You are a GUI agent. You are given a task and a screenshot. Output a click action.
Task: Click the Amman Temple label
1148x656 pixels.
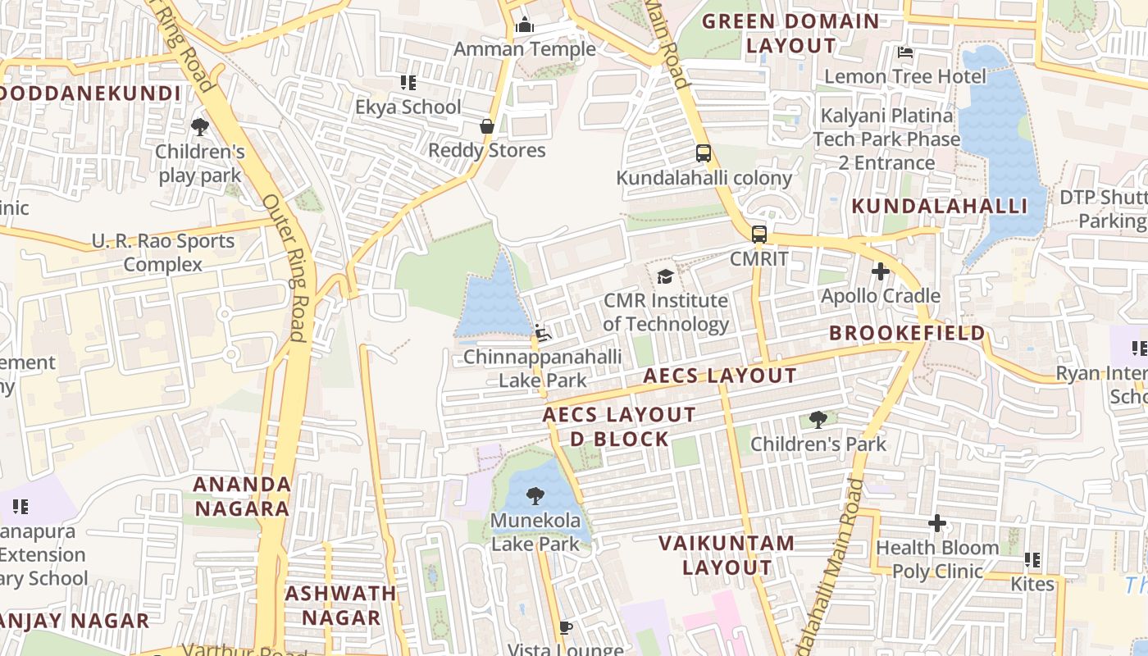tap(525, 49)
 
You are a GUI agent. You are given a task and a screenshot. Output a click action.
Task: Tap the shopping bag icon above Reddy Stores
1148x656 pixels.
tap(487, 126)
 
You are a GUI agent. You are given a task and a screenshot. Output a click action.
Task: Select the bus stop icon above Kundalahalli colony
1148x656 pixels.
tap(703, 153)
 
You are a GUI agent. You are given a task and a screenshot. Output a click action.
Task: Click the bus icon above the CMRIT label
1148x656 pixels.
tap(759, 235)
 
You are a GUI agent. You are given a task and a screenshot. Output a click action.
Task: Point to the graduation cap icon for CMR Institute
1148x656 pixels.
tap(665, 277)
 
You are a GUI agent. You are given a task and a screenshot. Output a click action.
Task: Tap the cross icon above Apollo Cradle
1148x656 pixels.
tap(881, 271)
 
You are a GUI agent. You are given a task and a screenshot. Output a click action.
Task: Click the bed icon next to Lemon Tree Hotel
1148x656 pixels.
tap(905, 52)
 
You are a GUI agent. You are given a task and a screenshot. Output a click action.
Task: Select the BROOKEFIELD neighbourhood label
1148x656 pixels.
tap(907, 333)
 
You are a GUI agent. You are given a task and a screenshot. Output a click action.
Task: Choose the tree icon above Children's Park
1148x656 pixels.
tap(818, 420)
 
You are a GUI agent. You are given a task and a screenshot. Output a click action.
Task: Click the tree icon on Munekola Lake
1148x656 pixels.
tap(535, 496)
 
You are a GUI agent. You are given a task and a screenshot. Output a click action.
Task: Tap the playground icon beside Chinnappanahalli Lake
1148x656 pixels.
tap(542, 332)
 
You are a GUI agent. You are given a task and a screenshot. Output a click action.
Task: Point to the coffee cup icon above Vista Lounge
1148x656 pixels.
tap(565, 627)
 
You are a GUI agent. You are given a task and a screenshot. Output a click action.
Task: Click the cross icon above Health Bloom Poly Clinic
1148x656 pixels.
tap(937, 523)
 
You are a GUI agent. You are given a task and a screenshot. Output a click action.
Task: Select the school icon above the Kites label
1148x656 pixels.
tap(1032, 560)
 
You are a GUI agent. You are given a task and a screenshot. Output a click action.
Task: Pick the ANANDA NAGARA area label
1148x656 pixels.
tap(242, 496)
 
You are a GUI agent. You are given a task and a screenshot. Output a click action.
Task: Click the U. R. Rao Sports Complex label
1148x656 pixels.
tap(162, 253)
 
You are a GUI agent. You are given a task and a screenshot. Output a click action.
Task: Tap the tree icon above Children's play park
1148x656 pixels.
tap(199, 127)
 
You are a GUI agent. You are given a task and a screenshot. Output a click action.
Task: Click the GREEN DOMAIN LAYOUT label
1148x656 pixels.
tap(790, 34)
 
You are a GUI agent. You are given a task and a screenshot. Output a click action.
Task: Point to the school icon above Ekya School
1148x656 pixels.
tap(408, 83)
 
